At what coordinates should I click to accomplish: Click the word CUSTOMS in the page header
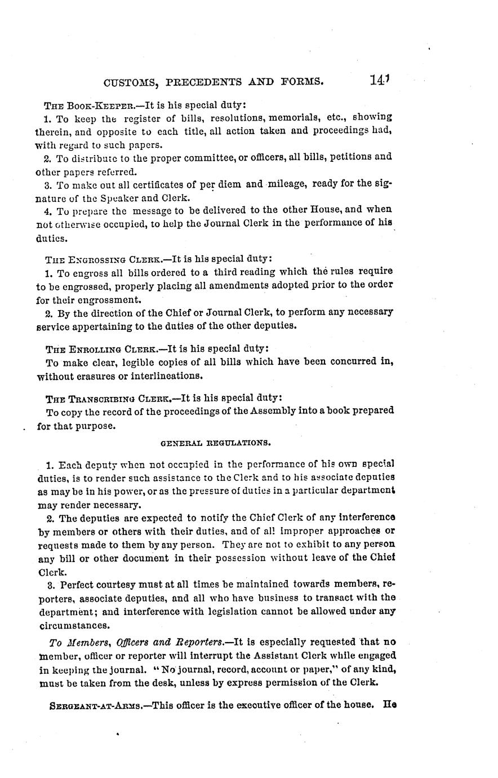[131, 82]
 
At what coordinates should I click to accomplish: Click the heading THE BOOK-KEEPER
[86, 105]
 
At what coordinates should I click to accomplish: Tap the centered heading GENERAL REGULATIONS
[216, 443]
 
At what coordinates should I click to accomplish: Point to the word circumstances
[73, 625]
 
